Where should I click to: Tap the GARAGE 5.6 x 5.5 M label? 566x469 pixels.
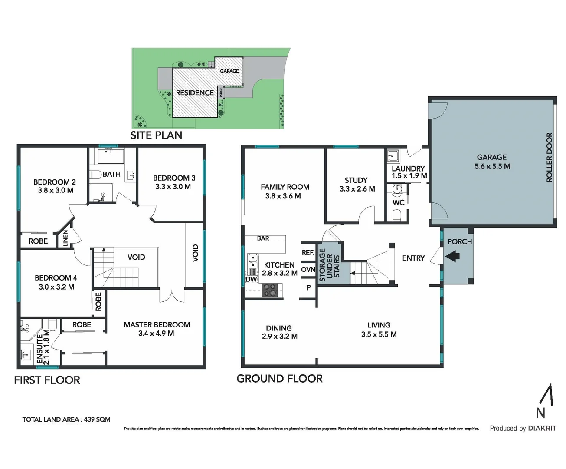(492, 162)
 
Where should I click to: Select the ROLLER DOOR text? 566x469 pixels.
(549, 157)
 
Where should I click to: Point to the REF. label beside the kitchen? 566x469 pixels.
(308, 252)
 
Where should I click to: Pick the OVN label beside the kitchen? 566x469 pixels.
(308, 269)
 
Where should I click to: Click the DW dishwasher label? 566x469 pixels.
(251, 279)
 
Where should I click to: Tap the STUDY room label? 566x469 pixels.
(357, 184)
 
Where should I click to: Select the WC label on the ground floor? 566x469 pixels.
(398, 202)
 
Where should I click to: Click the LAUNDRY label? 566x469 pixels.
(408, 168)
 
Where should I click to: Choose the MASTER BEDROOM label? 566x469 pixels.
(157, 329)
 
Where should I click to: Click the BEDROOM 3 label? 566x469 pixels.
(174, 182)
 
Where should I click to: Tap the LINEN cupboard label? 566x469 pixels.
(65, 238)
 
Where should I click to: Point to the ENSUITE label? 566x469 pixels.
(40, 349)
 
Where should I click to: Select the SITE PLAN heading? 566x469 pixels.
(156, 135)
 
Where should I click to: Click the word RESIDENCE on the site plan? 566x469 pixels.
(195, 92)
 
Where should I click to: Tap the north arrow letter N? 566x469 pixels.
(540, 412)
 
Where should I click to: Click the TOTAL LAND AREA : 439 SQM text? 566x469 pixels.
(66, 419)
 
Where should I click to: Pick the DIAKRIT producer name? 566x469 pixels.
(542, 428)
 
